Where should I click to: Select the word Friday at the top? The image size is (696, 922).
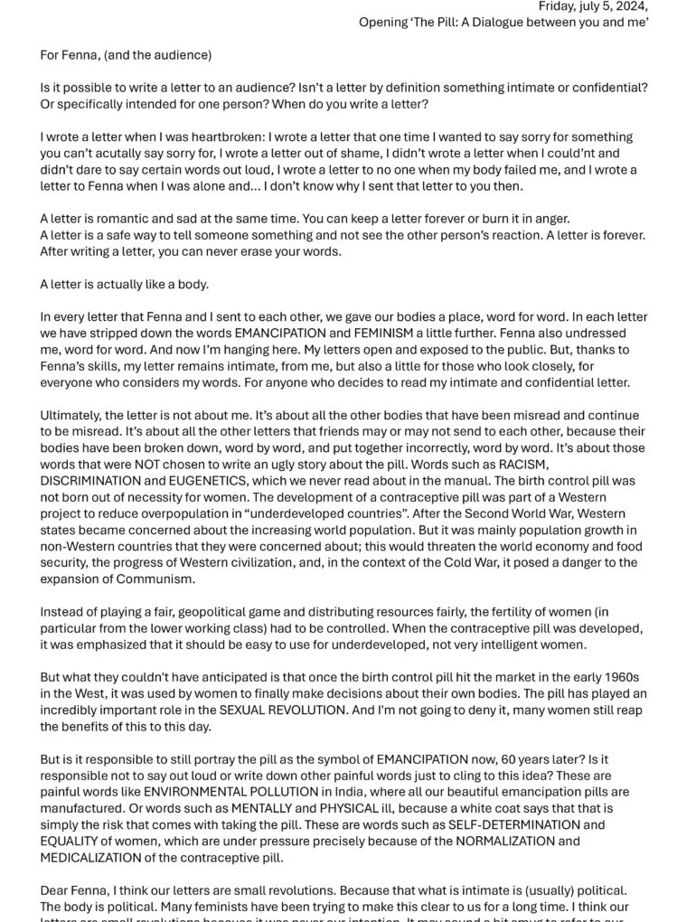[558, 6]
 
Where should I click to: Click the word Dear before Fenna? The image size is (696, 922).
[56, 890]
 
